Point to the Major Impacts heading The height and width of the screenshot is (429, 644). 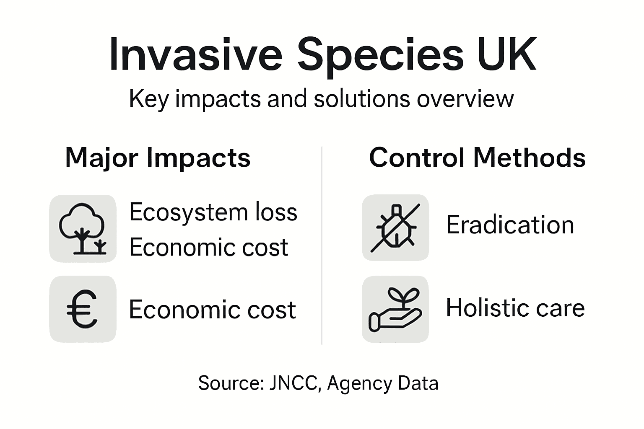pos(158,158)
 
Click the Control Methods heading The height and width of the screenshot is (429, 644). pos(477,158)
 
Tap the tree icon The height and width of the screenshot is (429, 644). pos(83,228)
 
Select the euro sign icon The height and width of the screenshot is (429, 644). pos(83,309)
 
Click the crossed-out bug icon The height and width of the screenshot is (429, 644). pos(395,227)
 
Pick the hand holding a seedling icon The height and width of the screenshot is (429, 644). pos(395,309)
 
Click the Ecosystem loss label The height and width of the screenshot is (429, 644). pos(213,212)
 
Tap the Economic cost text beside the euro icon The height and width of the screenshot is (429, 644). pos(212,310)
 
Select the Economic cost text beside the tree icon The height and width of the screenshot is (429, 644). pos(208,247)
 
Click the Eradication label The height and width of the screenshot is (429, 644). pos(510,225)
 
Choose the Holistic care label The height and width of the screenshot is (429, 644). pos(515,308)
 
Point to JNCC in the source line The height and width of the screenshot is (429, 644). pos(294,383)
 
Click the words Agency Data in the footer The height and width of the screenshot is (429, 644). pos(382,383)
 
